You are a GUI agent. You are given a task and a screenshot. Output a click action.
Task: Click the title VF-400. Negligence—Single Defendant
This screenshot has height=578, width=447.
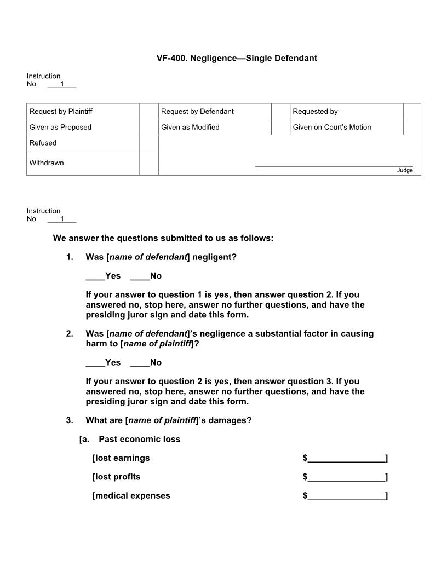(x=237, y=58)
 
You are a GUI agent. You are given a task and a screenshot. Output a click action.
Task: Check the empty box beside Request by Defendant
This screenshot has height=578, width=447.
(x=280, y=112)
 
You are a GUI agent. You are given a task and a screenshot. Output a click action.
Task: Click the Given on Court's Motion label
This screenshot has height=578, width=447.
(x=331, y=128)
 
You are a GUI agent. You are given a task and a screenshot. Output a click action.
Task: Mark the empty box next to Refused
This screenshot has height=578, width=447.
(x=148, y=143)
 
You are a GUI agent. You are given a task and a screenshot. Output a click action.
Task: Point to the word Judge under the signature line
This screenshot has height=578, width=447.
(x=405, y=170)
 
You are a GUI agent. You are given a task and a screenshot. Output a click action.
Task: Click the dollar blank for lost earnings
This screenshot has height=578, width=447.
(x=346, y=459)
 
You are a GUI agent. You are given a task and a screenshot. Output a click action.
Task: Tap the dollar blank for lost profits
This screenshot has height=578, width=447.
(x=346, y=477)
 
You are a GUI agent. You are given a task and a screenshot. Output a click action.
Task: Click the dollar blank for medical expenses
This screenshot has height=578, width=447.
(x=346, y=496)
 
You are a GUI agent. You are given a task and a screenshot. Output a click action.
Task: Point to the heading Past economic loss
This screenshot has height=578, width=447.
(x=139, y=439)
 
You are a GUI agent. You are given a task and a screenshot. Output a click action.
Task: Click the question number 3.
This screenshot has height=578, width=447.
(x=70, y=420)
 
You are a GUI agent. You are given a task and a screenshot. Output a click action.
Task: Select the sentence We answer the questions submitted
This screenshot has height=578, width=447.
(x=163, y=238)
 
